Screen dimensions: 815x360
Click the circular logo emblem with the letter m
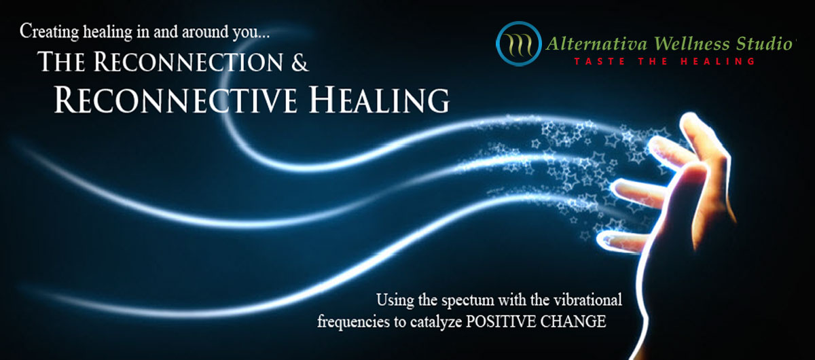click(x=518, y=43)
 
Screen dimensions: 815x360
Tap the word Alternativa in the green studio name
click(x=597, y=44)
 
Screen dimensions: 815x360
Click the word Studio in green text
click(x=765, y=44)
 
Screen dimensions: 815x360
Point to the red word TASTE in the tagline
click(x=599, y=61)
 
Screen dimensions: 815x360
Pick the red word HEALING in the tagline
click(x=717, y=61)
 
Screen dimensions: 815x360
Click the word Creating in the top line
click(x=49, y=32)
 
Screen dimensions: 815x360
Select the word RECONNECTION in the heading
click(x=189, y=62)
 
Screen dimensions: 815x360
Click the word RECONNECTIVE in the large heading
click(x=175, y=100)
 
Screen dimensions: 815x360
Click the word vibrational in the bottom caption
click(x=587, y=300)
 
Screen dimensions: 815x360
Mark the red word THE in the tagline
click(x=653, y=61)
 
